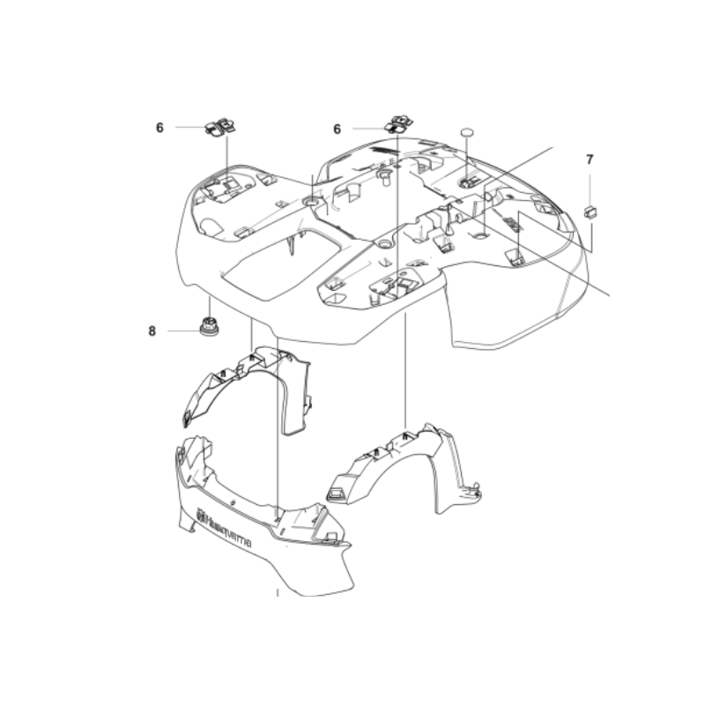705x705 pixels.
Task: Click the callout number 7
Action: [x=590, y=160]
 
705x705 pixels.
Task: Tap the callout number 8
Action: [x=152, y=331]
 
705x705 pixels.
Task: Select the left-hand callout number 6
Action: [x=160, y=128]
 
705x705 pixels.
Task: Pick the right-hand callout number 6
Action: [x=337, y=129]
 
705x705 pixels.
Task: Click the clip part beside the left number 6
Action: [x=222, y=127]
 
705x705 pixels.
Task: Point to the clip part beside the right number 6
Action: [x=397, y=122]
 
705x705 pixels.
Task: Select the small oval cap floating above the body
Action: [x=468, y=131]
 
